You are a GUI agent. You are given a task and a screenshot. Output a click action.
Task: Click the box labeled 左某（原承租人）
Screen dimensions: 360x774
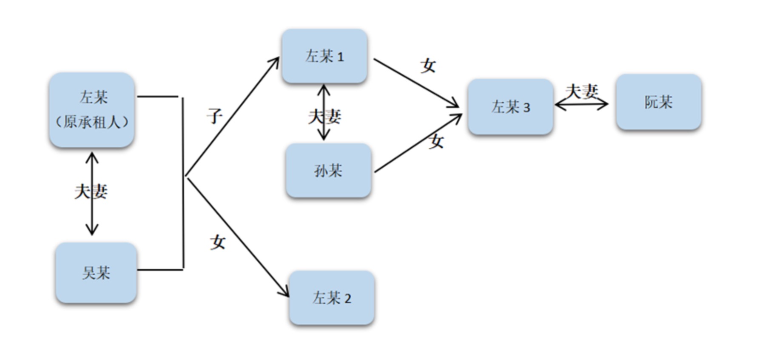point(92,110)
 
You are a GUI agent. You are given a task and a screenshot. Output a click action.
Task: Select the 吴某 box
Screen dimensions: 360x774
point(96,273)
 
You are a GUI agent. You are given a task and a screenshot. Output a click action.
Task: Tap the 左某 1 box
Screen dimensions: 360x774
point(324,56)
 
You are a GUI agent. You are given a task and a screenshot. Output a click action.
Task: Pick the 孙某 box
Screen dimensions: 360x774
point(328,171)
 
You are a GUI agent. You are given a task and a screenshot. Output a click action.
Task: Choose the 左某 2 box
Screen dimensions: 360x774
point(332,298)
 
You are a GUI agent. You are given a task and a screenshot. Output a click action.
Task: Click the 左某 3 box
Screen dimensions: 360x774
point(510,107)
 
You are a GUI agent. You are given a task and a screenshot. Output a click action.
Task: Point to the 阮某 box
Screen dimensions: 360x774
point(658,102)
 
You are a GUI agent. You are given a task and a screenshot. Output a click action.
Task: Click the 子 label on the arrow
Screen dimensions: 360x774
point(215,116)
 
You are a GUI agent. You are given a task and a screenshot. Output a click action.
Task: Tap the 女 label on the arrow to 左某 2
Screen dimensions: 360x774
point(218,242)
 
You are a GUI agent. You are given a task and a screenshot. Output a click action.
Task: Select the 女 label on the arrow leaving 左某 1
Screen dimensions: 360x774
point(428,66)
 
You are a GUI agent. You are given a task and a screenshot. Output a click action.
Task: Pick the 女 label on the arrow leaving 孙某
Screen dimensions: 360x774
point(436,141)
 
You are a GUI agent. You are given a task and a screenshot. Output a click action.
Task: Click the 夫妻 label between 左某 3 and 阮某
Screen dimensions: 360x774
point(581,91)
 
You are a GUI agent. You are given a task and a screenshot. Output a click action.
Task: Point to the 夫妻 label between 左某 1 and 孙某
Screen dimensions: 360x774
point(324,116)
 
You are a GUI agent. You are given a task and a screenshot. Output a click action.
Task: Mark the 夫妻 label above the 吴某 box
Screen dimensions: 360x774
point(91,191)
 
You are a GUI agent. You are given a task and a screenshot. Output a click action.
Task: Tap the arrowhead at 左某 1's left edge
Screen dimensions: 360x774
point(276,62)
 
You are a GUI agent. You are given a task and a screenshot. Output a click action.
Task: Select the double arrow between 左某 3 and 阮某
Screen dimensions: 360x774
point(581,104)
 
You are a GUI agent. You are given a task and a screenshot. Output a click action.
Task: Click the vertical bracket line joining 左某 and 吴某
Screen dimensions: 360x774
point(183,183)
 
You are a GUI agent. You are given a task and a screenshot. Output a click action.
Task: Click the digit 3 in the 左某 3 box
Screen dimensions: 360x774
point(526,108)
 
